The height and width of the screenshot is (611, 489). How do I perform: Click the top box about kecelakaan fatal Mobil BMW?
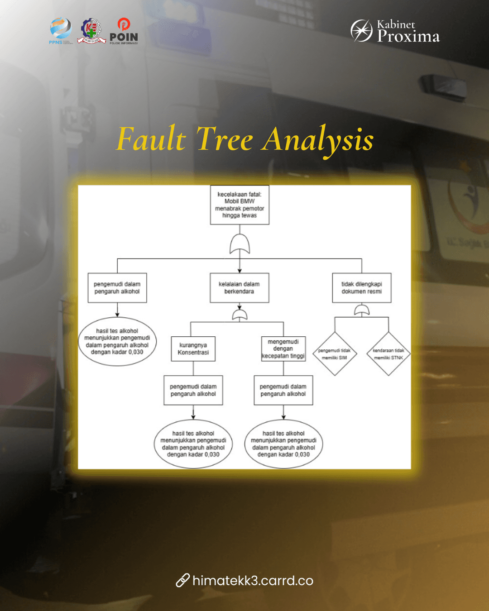pos(240,205)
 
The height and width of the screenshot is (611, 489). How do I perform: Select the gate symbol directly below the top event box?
pos(240,244)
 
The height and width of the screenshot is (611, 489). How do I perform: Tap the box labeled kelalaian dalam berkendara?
pos(240,288)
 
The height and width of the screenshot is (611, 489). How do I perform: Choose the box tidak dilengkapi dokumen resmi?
pos(361,288)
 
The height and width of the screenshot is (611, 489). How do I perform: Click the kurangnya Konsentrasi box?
pos(193,348)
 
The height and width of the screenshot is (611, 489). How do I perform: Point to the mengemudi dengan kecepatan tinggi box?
pos(283,348)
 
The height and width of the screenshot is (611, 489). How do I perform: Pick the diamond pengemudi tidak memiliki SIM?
pos(335,354)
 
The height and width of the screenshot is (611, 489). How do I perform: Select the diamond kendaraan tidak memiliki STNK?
pos(388,354)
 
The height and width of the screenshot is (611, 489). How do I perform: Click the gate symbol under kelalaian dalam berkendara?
pos(240,315)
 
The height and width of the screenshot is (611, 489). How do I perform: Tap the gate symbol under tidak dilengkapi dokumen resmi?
pos(362,310)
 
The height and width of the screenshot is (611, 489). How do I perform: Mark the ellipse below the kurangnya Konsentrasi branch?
pos(193,444)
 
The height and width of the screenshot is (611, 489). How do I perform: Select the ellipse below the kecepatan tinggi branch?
pos(283,444)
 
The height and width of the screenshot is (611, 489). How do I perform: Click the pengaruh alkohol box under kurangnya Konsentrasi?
pos(193,390)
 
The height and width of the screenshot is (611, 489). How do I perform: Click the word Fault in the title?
pos(151,139)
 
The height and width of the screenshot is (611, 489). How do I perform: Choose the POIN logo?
pos(124,31)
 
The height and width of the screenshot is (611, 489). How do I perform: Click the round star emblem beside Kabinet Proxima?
pos(361,31)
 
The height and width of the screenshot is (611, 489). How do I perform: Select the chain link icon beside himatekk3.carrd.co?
pos(182,580)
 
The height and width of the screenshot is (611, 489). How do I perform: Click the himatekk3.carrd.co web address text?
pos(253,581)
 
